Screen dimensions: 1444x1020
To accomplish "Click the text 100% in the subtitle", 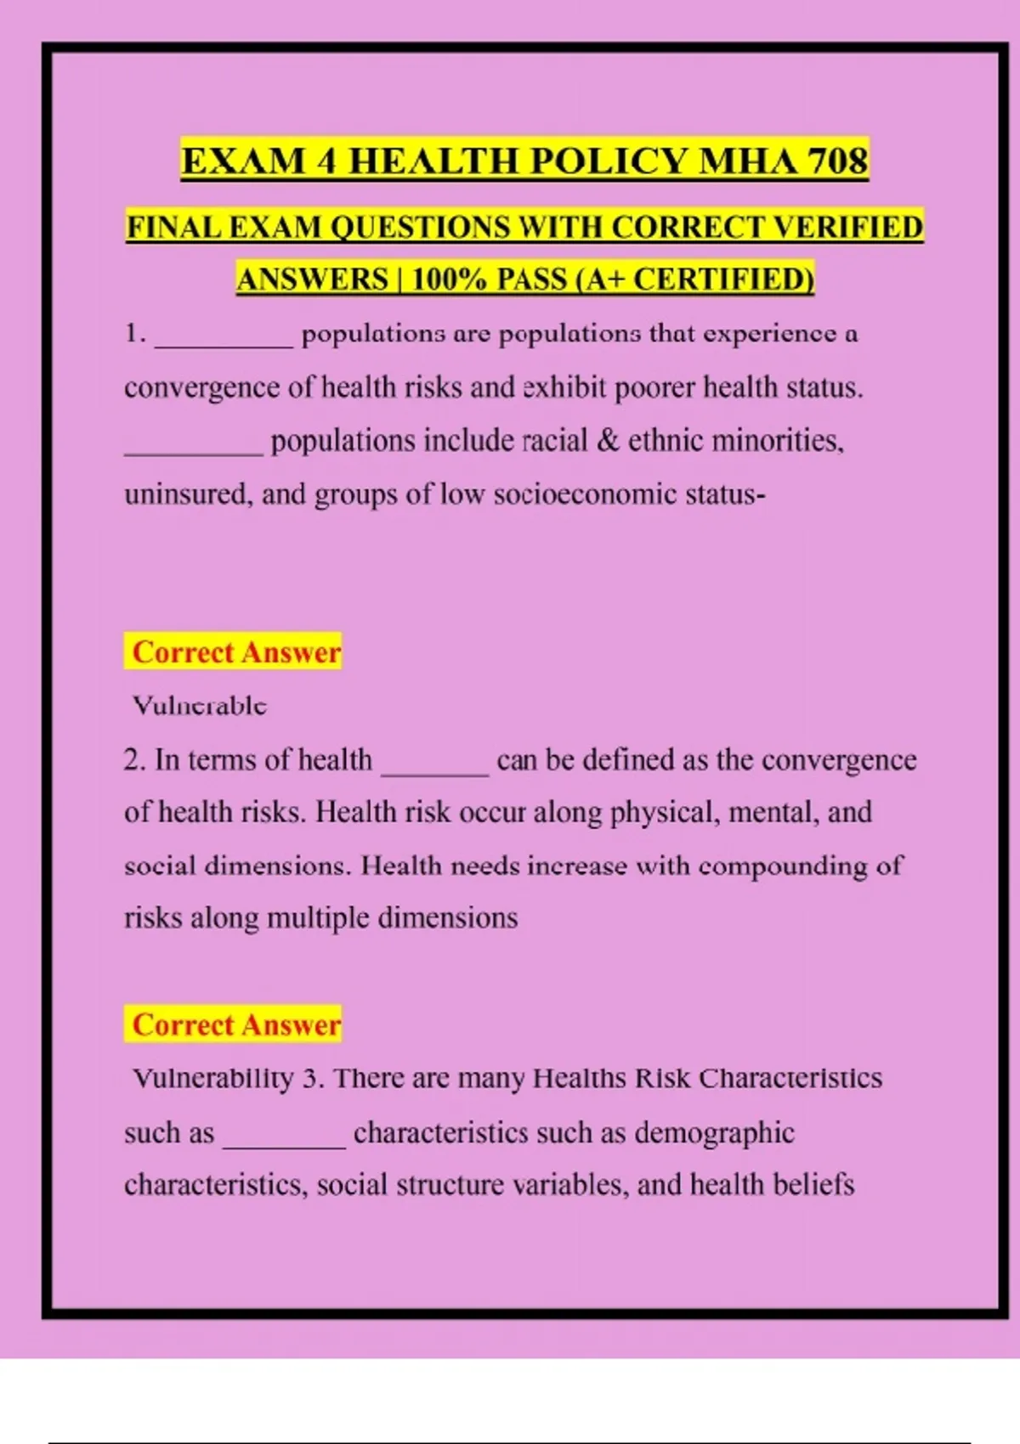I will [x=450, y=279].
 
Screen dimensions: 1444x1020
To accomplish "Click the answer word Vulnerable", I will [x=200, y=705].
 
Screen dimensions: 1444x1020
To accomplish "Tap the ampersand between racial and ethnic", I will [x=608, y=441].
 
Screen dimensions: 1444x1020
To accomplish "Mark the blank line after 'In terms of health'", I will [x=435, y=770].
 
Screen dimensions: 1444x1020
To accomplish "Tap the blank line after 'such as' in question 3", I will [x=284, y=1143].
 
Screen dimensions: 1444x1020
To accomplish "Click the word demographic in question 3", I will [x=714, y=1133].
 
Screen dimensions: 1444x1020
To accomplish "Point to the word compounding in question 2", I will [x=784, y=866].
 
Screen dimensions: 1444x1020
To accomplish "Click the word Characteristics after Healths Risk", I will [x=790, y=1079].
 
